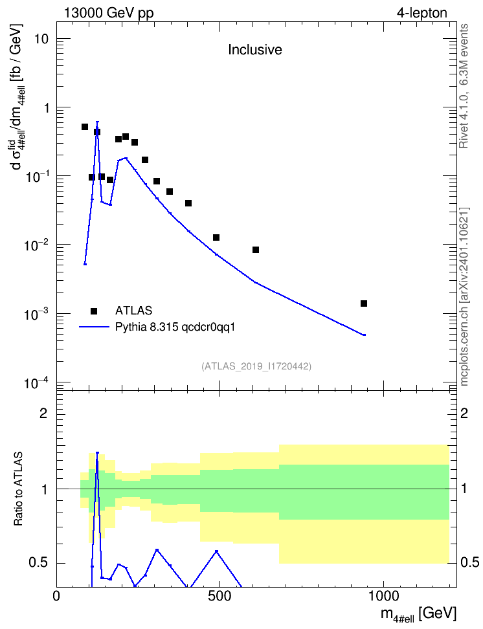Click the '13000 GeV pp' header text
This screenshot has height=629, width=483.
(x=109, y=13)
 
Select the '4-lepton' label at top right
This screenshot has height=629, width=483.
(x=422, y=13)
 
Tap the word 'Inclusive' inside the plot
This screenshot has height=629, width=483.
(x=255, y=50)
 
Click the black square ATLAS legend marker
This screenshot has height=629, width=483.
(x=94, y=311)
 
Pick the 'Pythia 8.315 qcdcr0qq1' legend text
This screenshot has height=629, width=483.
(x=175, y=327)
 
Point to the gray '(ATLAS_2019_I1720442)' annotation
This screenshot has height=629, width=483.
(x=256, y=366)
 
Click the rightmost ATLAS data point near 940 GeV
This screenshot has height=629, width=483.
(x=364, y=303)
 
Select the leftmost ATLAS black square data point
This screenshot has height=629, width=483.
(x=85, y=127)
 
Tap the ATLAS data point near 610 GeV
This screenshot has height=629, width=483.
(x=256, y=250)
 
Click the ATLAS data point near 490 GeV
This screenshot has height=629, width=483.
(x=216, y=237)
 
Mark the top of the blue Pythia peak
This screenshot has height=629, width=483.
(x=97, y=122)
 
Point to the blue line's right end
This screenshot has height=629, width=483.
(x=365, y=335)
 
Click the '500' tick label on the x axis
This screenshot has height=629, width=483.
(x=219, y=596)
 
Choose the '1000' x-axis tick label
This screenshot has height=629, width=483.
(x=383, y=596)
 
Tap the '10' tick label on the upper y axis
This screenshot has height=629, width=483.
(x=41, y=39)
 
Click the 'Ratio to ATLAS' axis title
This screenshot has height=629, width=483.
(x=18, y=489)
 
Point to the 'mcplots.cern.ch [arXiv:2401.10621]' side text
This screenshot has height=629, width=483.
(x=464, y=296)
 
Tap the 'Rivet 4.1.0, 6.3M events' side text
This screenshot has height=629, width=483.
(x=464, y=86)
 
